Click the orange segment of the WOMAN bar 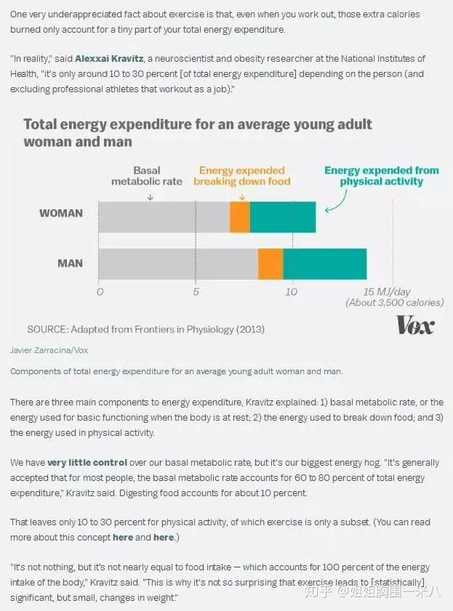(x=240, y=217)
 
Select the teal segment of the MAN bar (x=325, y=264)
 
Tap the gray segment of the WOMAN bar (x=164, y=217)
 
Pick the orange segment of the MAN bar (x=270, y=264)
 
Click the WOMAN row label (x=60, y=214)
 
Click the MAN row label (x=71, y=263)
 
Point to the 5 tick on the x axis (x=196, y=292)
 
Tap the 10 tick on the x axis (x=291, y=292)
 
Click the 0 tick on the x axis (x=100, y=292)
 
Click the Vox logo (x=415, y=325)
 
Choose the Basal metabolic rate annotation (x=147, y=176)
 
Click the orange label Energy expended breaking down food (x=241, y=176)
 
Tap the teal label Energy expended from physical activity (x=381, y=176)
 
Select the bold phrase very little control (x=87, y=462)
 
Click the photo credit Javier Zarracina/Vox (x=49, y=350)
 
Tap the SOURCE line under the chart (x=145, y=329)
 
